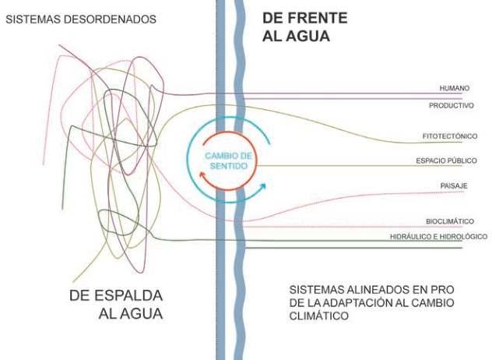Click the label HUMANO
coord(454,88)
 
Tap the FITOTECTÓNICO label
coord(449,136)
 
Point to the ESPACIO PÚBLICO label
coord(446,161)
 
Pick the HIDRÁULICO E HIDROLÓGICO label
coord(438,236)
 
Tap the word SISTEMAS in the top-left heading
coord(30,18)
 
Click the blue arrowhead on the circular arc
coord(264,187)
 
